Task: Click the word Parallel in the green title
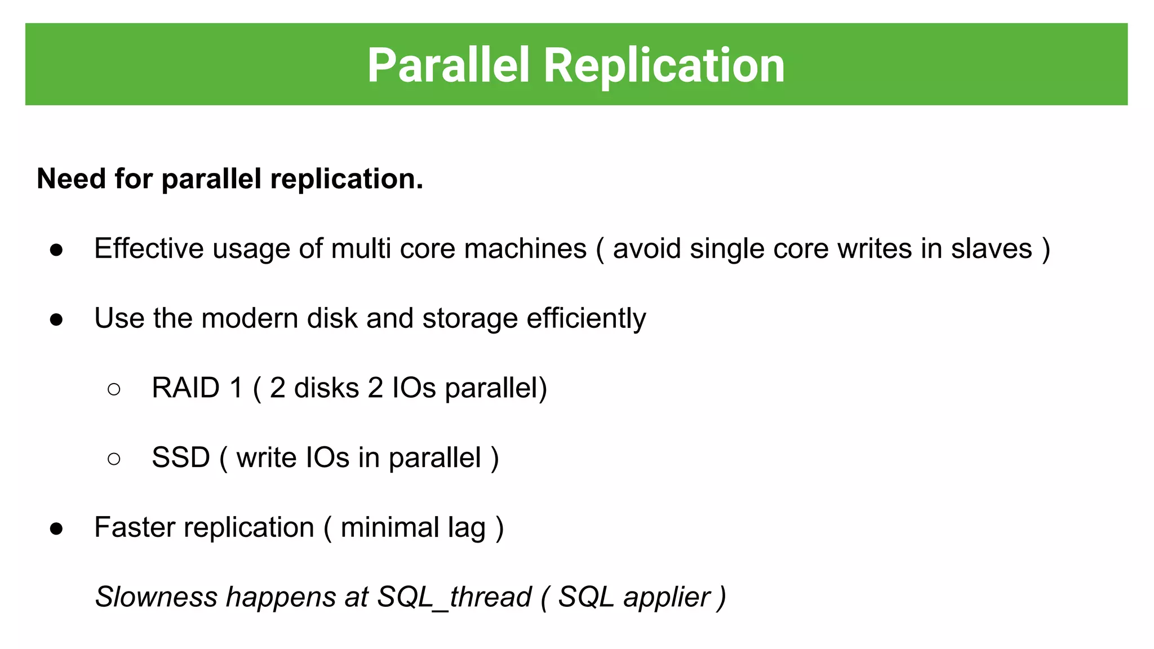[x=449, y=65]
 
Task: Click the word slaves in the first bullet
[x=992, y=248]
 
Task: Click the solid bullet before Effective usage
[x=56, y=250]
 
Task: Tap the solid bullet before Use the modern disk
[x=56, y=320]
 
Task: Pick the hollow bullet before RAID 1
[x=114, y=389]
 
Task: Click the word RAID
[x=185, y=388]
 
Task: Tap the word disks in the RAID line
[x=326, y=388]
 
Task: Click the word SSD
[x=180, y=457]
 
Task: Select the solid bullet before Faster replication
[x=56, y=529]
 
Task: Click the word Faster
[x=134, y=527]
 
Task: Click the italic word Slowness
[x=156, y=597]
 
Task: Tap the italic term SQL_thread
[x=454, y=597]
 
